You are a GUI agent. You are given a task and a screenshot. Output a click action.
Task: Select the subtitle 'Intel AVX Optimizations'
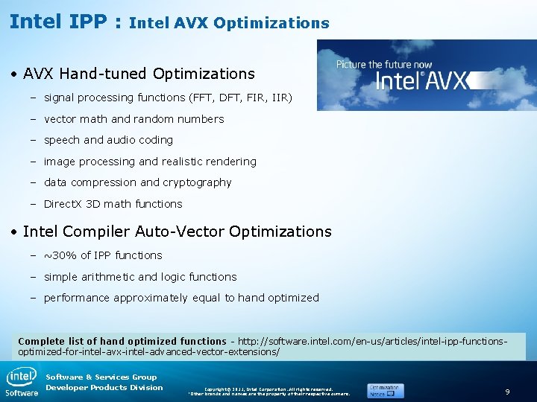(229, 23)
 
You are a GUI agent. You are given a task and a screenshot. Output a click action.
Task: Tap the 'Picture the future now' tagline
(383, 65)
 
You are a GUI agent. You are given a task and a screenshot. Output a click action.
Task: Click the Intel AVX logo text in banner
(421, 80)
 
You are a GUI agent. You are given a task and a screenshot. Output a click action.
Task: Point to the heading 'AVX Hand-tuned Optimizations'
(139, 74)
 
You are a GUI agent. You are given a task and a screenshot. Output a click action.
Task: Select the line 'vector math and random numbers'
(134, 119)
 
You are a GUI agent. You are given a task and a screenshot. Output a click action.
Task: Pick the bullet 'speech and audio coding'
(108, 140)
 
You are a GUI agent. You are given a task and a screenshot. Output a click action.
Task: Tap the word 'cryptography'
(197, 182)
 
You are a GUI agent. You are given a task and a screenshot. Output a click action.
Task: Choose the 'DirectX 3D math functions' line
(113, 204)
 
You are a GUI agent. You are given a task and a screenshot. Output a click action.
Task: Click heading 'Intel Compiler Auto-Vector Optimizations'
(177, 232)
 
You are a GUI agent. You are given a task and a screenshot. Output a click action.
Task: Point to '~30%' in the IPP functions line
(60, 255)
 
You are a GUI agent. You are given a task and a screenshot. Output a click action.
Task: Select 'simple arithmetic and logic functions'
(140, 277)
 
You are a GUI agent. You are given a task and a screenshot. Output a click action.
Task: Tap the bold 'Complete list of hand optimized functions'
(122, 341)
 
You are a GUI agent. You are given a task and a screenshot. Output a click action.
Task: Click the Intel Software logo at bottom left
(22, 381)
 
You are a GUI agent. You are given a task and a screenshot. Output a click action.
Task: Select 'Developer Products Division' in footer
(104, 387)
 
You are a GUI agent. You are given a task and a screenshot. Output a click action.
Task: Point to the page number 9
(507, 391)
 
